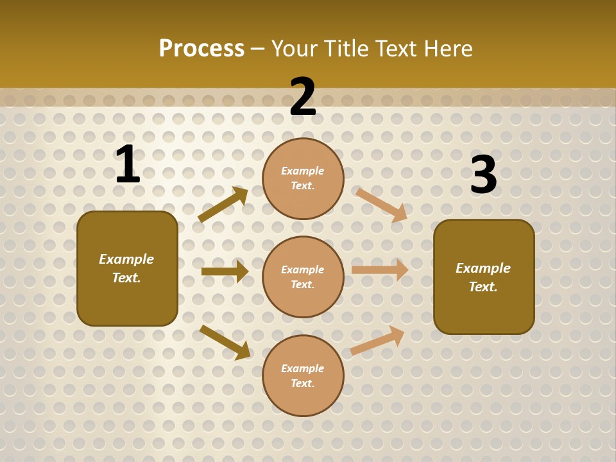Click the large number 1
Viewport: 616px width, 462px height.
click(128, 164)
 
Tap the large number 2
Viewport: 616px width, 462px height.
click(303, 97)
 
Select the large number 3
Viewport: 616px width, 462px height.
click(483, 175)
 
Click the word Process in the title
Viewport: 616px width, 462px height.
click(201, 48)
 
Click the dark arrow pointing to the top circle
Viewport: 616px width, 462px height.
click(223, 205)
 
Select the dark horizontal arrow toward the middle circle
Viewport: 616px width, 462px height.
click(225, 271)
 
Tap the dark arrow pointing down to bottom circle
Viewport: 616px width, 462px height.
click(225, 342)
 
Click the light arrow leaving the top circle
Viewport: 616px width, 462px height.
click(382, 205)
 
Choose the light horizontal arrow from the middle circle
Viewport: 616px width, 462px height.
click(380, 270)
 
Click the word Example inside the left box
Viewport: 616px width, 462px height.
click(126, 259)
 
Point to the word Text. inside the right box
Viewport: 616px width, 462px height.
click(483, 287)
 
